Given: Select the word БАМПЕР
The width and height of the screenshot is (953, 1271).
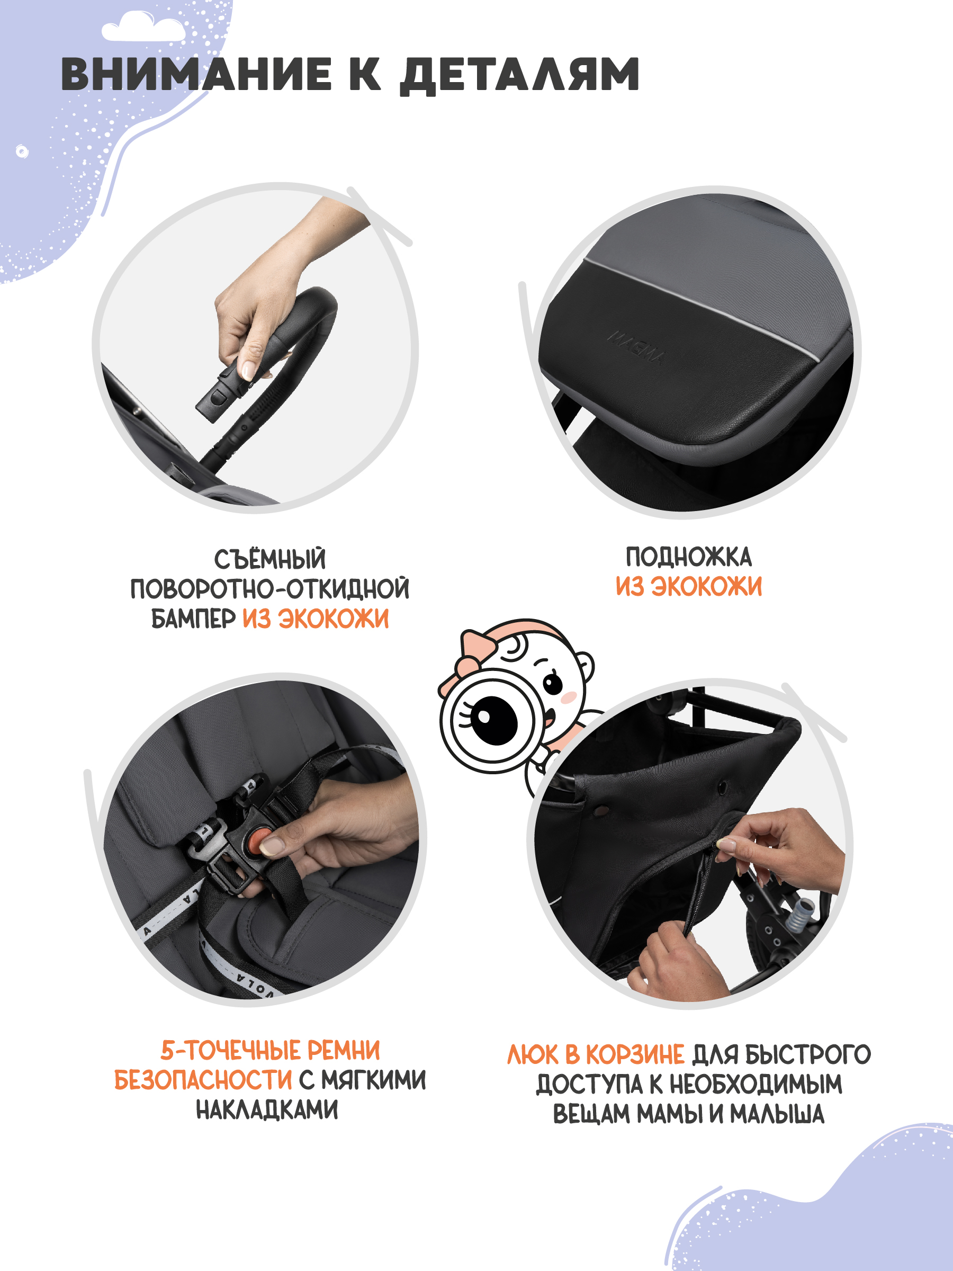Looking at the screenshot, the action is coord(194,619).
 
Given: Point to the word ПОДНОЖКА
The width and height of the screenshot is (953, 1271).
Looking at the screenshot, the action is coord(689,557).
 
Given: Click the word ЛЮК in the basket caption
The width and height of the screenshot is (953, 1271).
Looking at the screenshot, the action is coord(533,1055).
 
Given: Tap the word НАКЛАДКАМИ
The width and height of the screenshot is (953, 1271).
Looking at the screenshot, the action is coord(267,1109).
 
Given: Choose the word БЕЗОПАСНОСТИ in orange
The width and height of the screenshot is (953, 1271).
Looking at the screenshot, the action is coord(203,1080).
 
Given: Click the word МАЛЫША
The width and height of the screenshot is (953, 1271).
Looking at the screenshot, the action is coord(777,1114).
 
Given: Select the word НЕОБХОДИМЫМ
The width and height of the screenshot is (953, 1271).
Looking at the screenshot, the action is coord(756,1084).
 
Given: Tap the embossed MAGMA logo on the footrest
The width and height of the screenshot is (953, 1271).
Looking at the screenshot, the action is coord(636,347).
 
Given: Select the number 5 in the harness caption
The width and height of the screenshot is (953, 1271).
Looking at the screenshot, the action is coord(167,1050).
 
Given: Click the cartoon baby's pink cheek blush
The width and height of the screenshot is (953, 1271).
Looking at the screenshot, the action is coord(568,697).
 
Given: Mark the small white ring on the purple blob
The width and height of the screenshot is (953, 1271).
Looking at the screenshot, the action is coord(22,151).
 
